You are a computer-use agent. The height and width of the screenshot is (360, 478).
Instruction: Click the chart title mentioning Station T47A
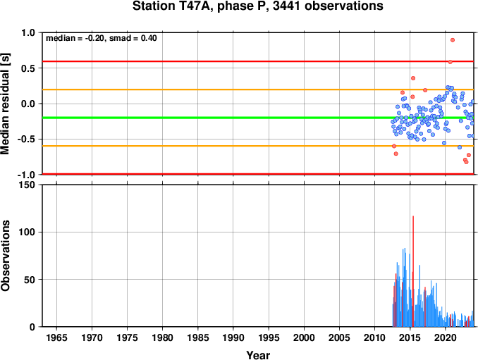[258, 6]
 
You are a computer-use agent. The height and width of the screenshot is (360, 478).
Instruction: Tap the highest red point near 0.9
[453, 40]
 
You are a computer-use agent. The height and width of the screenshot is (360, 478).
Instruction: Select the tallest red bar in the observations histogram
[413, 271]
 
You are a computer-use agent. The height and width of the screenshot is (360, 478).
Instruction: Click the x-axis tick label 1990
[233, 337]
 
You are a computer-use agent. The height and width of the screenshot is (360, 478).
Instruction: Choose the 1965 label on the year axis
[56, 337]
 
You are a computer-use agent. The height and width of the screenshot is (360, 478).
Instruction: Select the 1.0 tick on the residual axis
[28, 32]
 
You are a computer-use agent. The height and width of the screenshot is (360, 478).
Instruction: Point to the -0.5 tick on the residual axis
[27, 139]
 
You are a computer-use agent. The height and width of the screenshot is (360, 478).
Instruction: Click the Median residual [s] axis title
[5, 104]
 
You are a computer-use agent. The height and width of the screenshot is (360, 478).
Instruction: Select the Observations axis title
[5, 256]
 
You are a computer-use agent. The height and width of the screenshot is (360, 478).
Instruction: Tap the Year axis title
[258, 355]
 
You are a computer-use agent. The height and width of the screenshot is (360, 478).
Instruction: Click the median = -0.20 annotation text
[75, 38]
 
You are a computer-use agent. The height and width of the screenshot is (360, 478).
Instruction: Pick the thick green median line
[258, 118]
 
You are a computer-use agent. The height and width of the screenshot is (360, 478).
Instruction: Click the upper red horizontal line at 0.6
[258, 61]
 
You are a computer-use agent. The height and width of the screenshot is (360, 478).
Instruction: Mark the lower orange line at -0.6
[258, 146]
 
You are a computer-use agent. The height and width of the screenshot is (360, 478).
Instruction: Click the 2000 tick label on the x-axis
[304, 337]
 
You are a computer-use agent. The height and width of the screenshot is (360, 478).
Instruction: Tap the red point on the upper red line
[450, 62]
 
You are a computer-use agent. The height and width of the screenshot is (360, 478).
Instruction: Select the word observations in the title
[344, 6]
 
